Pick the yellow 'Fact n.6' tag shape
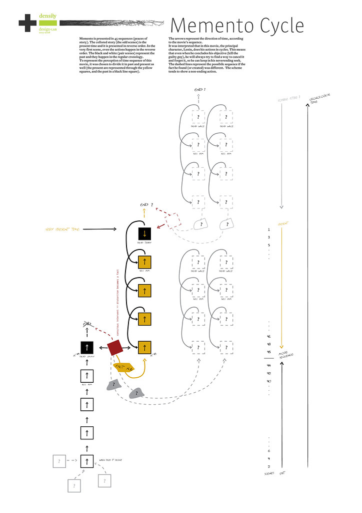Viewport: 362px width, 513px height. coord(123,367)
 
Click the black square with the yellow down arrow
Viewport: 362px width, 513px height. coord(144,234)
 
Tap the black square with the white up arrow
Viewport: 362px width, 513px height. coord(87,347)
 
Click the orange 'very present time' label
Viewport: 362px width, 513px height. coord(62,229)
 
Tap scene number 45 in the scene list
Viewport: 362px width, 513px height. coord(269,351)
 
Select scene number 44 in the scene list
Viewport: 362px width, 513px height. coord(269,366)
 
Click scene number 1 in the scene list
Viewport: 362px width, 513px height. coord(269,230)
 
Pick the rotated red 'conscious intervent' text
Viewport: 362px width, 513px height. coord(116,300)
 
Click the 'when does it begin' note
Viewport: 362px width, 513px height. coord(110,459)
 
